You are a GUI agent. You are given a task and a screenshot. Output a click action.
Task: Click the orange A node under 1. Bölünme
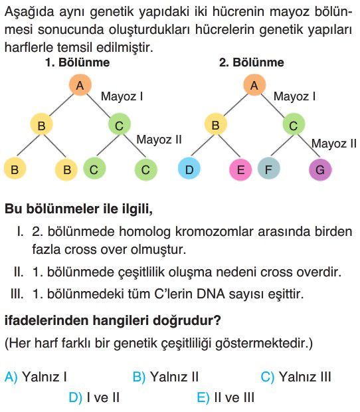click(x=80, y=85)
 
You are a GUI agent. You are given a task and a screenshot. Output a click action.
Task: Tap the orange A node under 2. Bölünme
click(x=254, y=84)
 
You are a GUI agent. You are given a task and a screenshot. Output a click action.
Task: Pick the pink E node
click(x=240, y=169)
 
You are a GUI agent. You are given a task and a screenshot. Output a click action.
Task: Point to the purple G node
click(x=320, y=169)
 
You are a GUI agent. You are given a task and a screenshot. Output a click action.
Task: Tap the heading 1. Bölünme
click(x=78, y=62)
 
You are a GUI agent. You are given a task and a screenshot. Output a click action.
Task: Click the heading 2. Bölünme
click(x=252, y=62)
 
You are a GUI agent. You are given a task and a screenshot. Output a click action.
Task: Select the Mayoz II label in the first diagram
click(x=159, y=140)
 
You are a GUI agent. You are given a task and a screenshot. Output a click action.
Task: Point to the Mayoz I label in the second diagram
click(x=294, y=96)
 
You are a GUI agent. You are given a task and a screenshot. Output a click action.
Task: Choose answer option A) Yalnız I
click(x=36, y=377)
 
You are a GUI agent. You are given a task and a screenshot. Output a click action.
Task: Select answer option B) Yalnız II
click(x=165, y=377)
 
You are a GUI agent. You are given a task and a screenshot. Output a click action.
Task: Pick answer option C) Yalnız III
click(x=296, y=377)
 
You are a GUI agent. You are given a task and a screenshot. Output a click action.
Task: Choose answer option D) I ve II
click(x=94, y=397)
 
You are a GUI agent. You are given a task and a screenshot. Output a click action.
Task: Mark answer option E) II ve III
click(x=226, y=397)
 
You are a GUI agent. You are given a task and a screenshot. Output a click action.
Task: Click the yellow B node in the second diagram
click(x=216, y=124)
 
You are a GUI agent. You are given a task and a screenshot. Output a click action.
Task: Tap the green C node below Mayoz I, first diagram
click(x=120, y=124)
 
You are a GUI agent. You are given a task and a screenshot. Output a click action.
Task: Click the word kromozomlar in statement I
click(x=214, y=232)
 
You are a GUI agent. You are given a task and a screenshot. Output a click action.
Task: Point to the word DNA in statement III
click(x=211, y=294)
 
